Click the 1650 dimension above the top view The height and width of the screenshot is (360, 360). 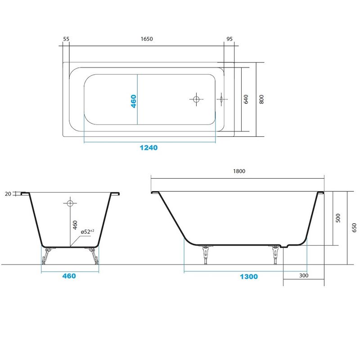(147, 39)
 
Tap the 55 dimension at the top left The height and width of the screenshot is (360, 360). (66, 39)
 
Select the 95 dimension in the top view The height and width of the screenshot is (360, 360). (229, 39)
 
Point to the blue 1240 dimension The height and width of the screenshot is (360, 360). (149, 148)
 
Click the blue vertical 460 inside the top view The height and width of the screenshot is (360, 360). (133, 101)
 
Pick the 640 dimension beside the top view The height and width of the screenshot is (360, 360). (246, 99)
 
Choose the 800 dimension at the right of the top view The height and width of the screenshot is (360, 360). (261, 99)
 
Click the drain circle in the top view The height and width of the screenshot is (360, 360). (196, 99)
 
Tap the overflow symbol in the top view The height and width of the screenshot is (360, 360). (221, 99)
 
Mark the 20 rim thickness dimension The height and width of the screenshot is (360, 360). (8, 194)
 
